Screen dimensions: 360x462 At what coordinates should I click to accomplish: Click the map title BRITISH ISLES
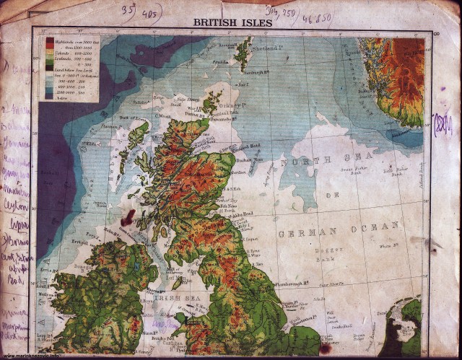(232, 22)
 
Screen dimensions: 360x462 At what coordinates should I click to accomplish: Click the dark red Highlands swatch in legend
(50, 42)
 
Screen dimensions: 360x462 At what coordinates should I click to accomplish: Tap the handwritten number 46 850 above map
(317, 17)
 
